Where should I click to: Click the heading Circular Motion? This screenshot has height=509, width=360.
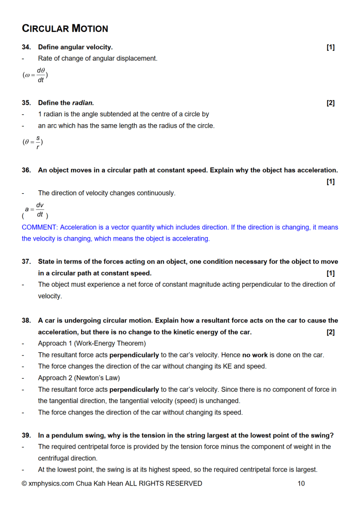65,28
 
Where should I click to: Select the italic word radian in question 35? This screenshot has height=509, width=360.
83,103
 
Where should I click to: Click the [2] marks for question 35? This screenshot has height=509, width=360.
331,103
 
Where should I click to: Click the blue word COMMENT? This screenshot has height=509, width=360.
39,227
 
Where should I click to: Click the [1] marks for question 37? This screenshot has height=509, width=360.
331,273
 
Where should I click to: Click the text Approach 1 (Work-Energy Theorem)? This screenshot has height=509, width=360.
92,343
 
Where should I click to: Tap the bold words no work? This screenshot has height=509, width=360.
255,355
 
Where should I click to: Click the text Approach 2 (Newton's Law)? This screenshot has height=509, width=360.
79,378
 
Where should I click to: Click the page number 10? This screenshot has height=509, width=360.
301,483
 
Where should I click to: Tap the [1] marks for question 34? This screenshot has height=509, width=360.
331,47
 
